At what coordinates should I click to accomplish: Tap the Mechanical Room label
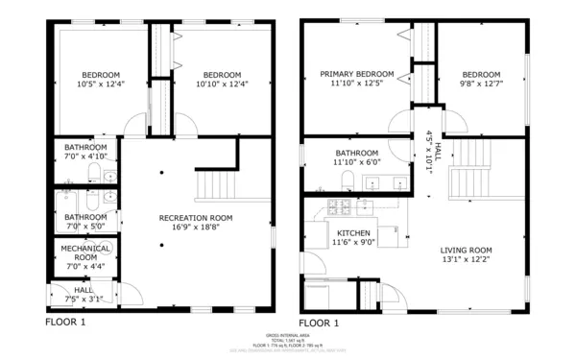[84, 252]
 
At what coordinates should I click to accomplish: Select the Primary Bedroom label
[357, 74]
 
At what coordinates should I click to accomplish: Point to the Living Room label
[467, 251]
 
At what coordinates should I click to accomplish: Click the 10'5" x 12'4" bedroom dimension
[100, 84]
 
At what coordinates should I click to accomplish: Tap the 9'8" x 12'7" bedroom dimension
[480, 84]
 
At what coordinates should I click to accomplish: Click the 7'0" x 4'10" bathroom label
[84, 156]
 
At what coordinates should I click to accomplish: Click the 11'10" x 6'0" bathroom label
[356, 162]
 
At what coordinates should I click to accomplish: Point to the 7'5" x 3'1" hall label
[84, 299]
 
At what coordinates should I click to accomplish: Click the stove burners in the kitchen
[340, 205]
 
